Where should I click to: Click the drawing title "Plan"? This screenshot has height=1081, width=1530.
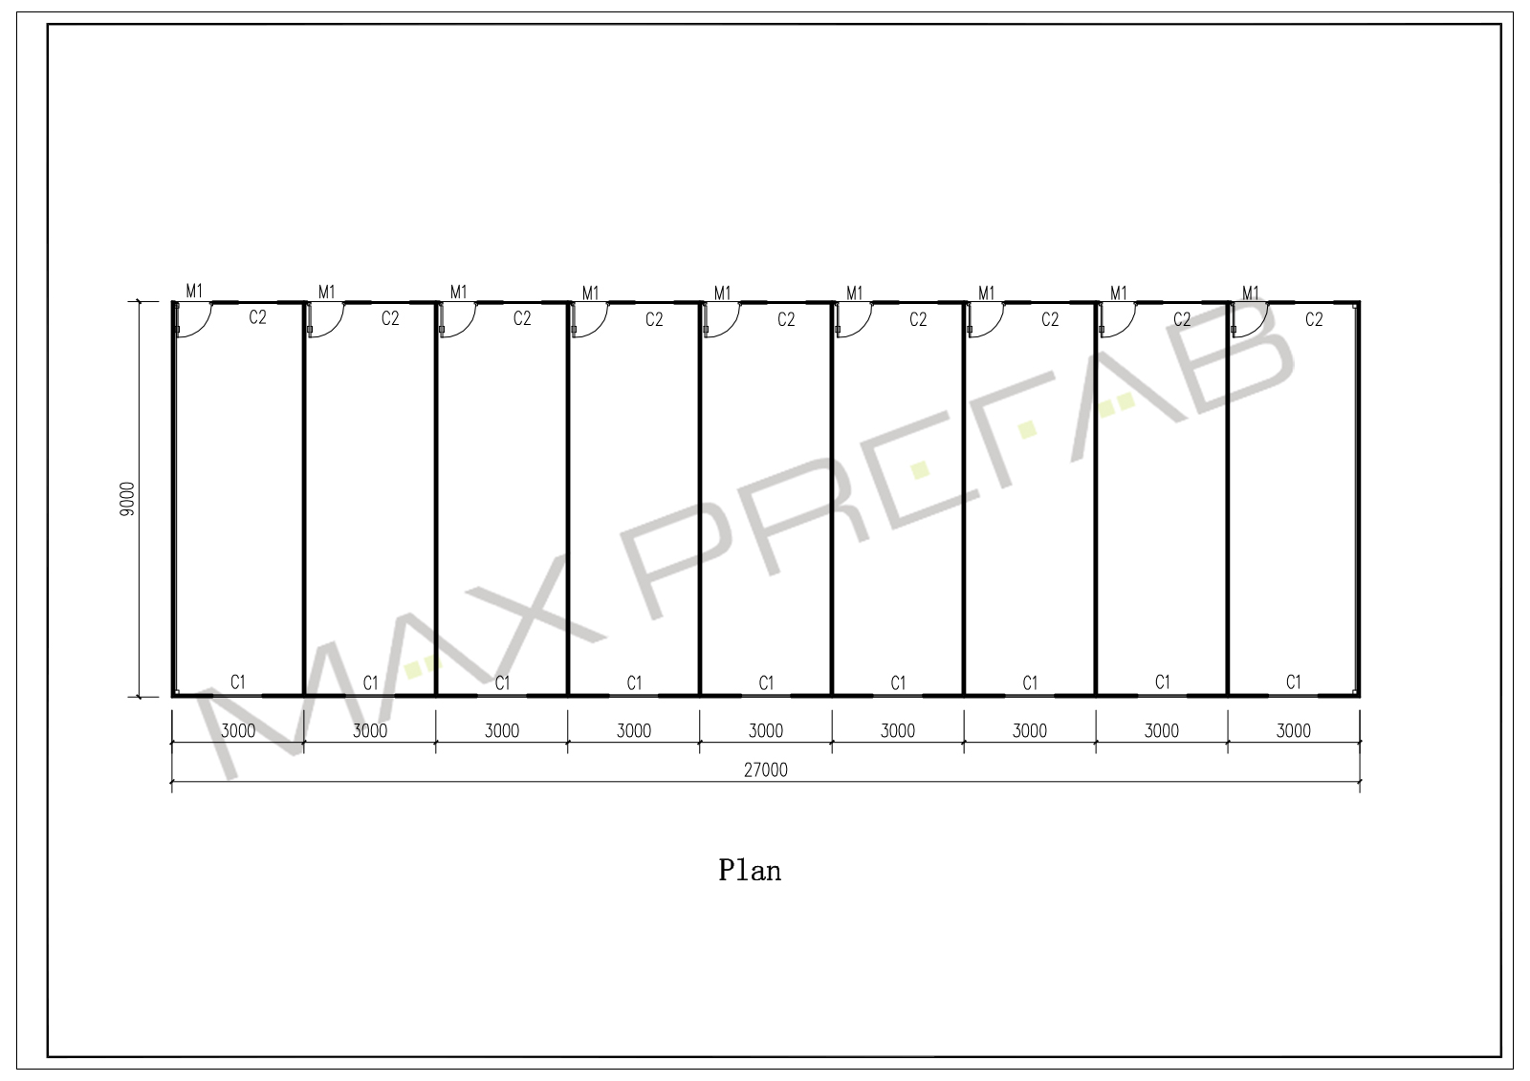click(750, 871)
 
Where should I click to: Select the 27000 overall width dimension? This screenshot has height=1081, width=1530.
click(766, 770)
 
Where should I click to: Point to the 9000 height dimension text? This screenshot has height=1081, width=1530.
click(127, 499)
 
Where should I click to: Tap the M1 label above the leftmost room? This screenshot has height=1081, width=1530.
click(195, 292)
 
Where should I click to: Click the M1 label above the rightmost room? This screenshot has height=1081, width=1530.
click(1251, 293)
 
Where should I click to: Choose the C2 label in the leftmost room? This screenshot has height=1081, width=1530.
click(257, 317)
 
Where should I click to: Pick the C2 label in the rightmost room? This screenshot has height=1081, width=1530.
click(1314, 319)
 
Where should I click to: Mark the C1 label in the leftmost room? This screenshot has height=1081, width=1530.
click(238, 681)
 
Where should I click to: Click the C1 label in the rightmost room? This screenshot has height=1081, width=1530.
click(1294, 681)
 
